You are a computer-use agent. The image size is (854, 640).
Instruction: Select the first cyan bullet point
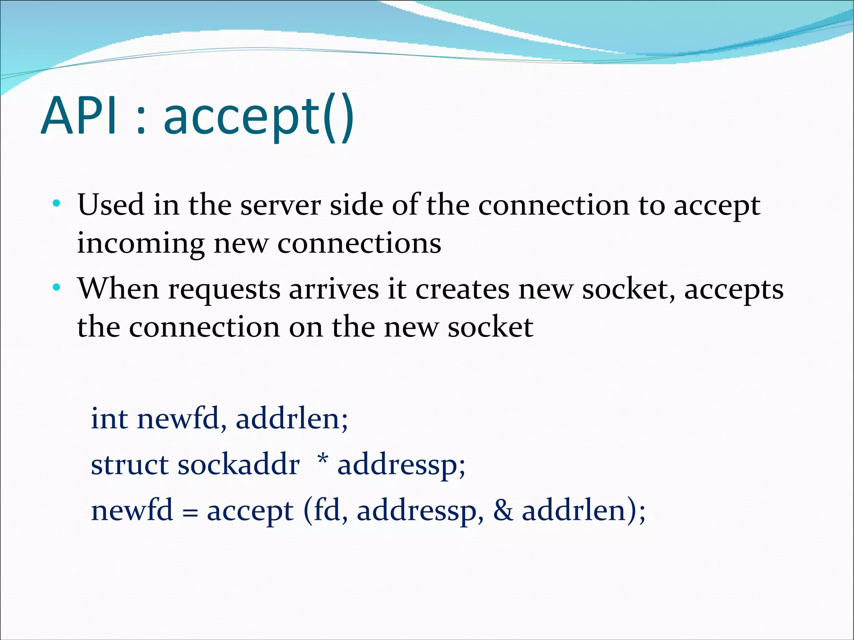(x=56, y=204)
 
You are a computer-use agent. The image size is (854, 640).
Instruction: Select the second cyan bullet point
(x=56, y=288)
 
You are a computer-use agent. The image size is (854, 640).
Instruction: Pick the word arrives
(x=334, y=289)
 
